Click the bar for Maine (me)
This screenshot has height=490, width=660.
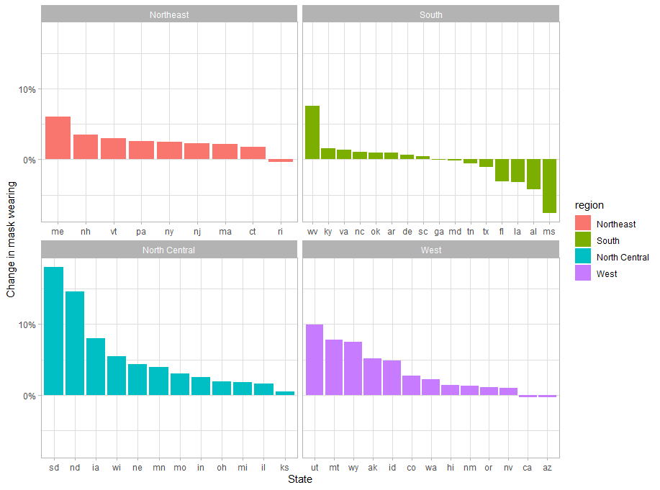coord(58,137)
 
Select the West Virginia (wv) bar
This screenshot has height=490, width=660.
coord(312,132)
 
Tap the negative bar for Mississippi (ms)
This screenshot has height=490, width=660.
coord(549,186)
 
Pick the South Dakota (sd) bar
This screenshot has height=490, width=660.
coord(54,331)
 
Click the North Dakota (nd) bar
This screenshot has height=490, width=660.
coord(75,343)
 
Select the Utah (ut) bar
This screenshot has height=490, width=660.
coord(315,360)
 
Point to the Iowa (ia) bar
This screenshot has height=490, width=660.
coord(96,366)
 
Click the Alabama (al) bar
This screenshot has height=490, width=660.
coord(533,174)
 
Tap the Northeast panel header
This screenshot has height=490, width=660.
coord(169,14)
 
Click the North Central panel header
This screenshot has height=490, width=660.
coord(169,250)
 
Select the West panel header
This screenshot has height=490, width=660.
coord(431,250)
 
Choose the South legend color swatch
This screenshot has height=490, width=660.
coord(582,240)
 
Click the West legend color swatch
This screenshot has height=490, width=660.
coord(582,273)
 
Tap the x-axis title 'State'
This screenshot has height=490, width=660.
coord(299,479)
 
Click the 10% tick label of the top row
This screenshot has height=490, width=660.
coord(26,89)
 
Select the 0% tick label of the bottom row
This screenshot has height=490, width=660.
coord(29,396)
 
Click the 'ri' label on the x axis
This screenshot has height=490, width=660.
coord(280,232)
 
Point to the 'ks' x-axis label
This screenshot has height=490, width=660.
coord(284,468)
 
